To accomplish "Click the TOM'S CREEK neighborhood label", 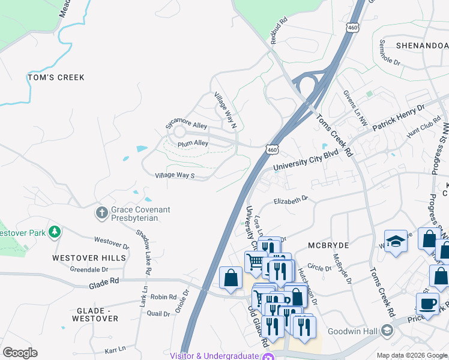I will click(56, 77).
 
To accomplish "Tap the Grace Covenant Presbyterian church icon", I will click(102, 212).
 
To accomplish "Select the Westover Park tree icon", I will click(55, 232).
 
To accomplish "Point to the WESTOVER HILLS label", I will click(89, 258).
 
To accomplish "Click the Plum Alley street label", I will click(193, 144).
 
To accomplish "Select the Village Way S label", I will click(175, 175).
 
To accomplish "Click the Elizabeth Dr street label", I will click(291, 200).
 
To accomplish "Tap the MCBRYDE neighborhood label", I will click(328, 246).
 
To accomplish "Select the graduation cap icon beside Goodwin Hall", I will click(387, 330).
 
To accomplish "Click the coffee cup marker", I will click(427, 303).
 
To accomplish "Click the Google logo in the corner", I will click(20, 353).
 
